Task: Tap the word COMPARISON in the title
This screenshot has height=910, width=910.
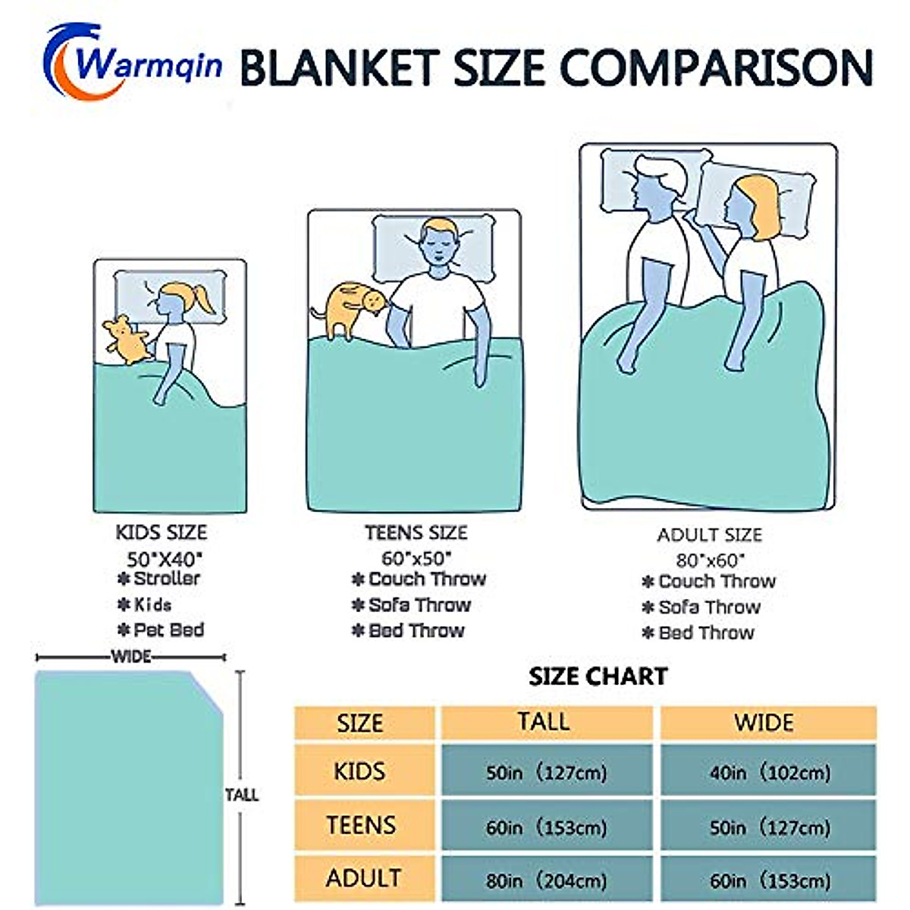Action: coord(716,68)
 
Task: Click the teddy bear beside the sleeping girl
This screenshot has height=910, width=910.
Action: coord(126,340)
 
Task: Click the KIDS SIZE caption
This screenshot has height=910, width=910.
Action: coord(161,532)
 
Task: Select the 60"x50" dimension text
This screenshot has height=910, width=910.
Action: coord(416,558)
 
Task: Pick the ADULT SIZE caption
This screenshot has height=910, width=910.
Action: coord(709,535)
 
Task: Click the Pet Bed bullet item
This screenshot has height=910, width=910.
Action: coord(161,630)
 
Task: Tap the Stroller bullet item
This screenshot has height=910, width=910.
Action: coord(158,579)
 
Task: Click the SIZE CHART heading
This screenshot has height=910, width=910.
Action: coord(598,676)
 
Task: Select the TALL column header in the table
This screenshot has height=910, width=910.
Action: coord(544,722)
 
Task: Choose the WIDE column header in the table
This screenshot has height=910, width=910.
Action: coord(764,723)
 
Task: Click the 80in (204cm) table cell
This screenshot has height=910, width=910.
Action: coord(547,880)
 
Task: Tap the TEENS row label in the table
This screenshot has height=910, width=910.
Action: coord(361,825)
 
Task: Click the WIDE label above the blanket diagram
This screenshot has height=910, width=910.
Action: coord(131,657)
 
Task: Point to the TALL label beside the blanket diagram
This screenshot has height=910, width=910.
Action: coord(241,795)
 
